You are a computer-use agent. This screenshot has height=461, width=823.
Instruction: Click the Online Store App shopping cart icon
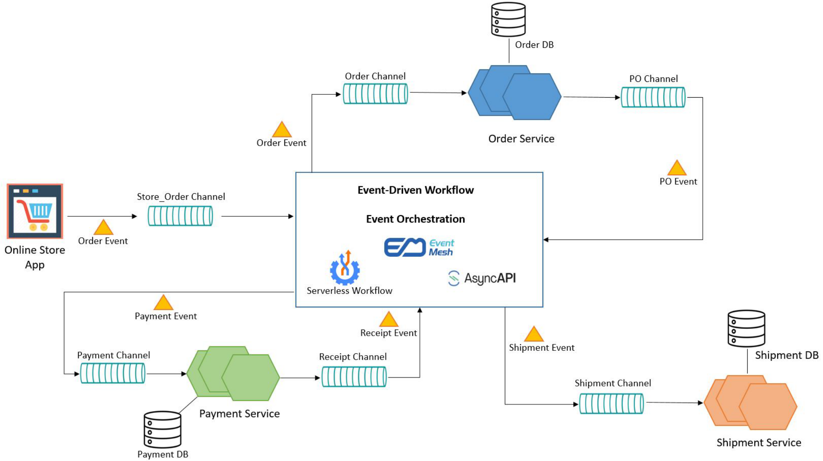pyautogui.click(x=35, y=211)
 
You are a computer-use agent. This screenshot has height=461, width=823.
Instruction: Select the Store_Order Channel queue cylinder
pyautogui.click(x=180, y=216)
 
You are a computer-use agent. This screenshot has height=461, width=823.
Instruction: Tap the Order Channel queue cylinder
pyautogui.click(x=375, y=94)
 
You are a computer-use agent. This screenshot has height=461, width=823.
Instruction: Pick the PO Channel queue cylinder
pyautogui.click(x=653, y=97)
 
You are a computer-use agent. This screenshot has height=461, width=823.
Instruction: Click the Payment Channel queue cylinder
pyautogui.click(x=113, y=373)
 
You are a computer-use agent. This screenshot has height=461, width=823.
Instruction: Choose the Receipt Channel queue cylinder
pyautogui.click(x=354, y=377)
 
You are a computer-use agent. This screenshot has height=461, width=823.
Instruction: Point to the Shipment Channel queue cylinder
pyautogui.click(x=611, y=404)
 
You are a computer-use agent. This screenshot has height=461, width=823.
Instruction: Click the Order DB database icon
pyautogui.click(x=508, y=19)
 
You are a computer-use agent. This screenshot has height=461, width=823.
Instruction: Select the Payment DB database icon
pyautogui.click(x=163, y=429)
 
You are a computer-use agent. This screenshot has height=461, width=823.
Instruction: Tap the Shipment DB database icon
pyautogui.click(x=746, y=329)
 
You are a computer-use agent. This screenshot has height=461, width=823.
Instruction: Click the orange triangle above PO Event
pyautogui.click(x=677, y=168)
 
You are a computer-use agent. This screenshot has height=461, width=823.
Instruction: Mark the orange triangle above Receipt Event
pyautogui.click(x=389, y=319)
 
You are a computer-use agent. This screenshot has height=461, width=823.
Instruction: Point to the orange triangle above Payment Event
pyautogui.click(x=163, y=303)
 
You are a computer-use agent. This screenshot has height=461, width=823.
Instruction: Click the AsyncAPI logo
pyautogui.click(x=482, y=278)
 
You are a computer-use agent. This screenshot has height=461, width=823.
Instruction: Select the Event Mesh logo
pyautogui.click(x=419, y=248)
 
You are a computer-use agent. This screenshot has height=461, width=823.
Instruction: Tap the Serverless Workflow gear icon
pyautogui.click(x=345, y=268)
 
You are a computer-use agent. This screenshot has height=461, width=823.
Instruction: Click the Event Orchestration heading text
pyautogui.click(x=415, y=219)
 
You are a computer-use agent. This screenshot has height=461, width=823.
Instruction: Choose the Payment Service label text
pyautogui.click(x=239, y=414)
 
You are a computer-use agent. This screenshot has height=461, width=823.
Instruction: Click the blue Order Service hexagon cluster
pyautogui.click(x=514, y=93)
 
